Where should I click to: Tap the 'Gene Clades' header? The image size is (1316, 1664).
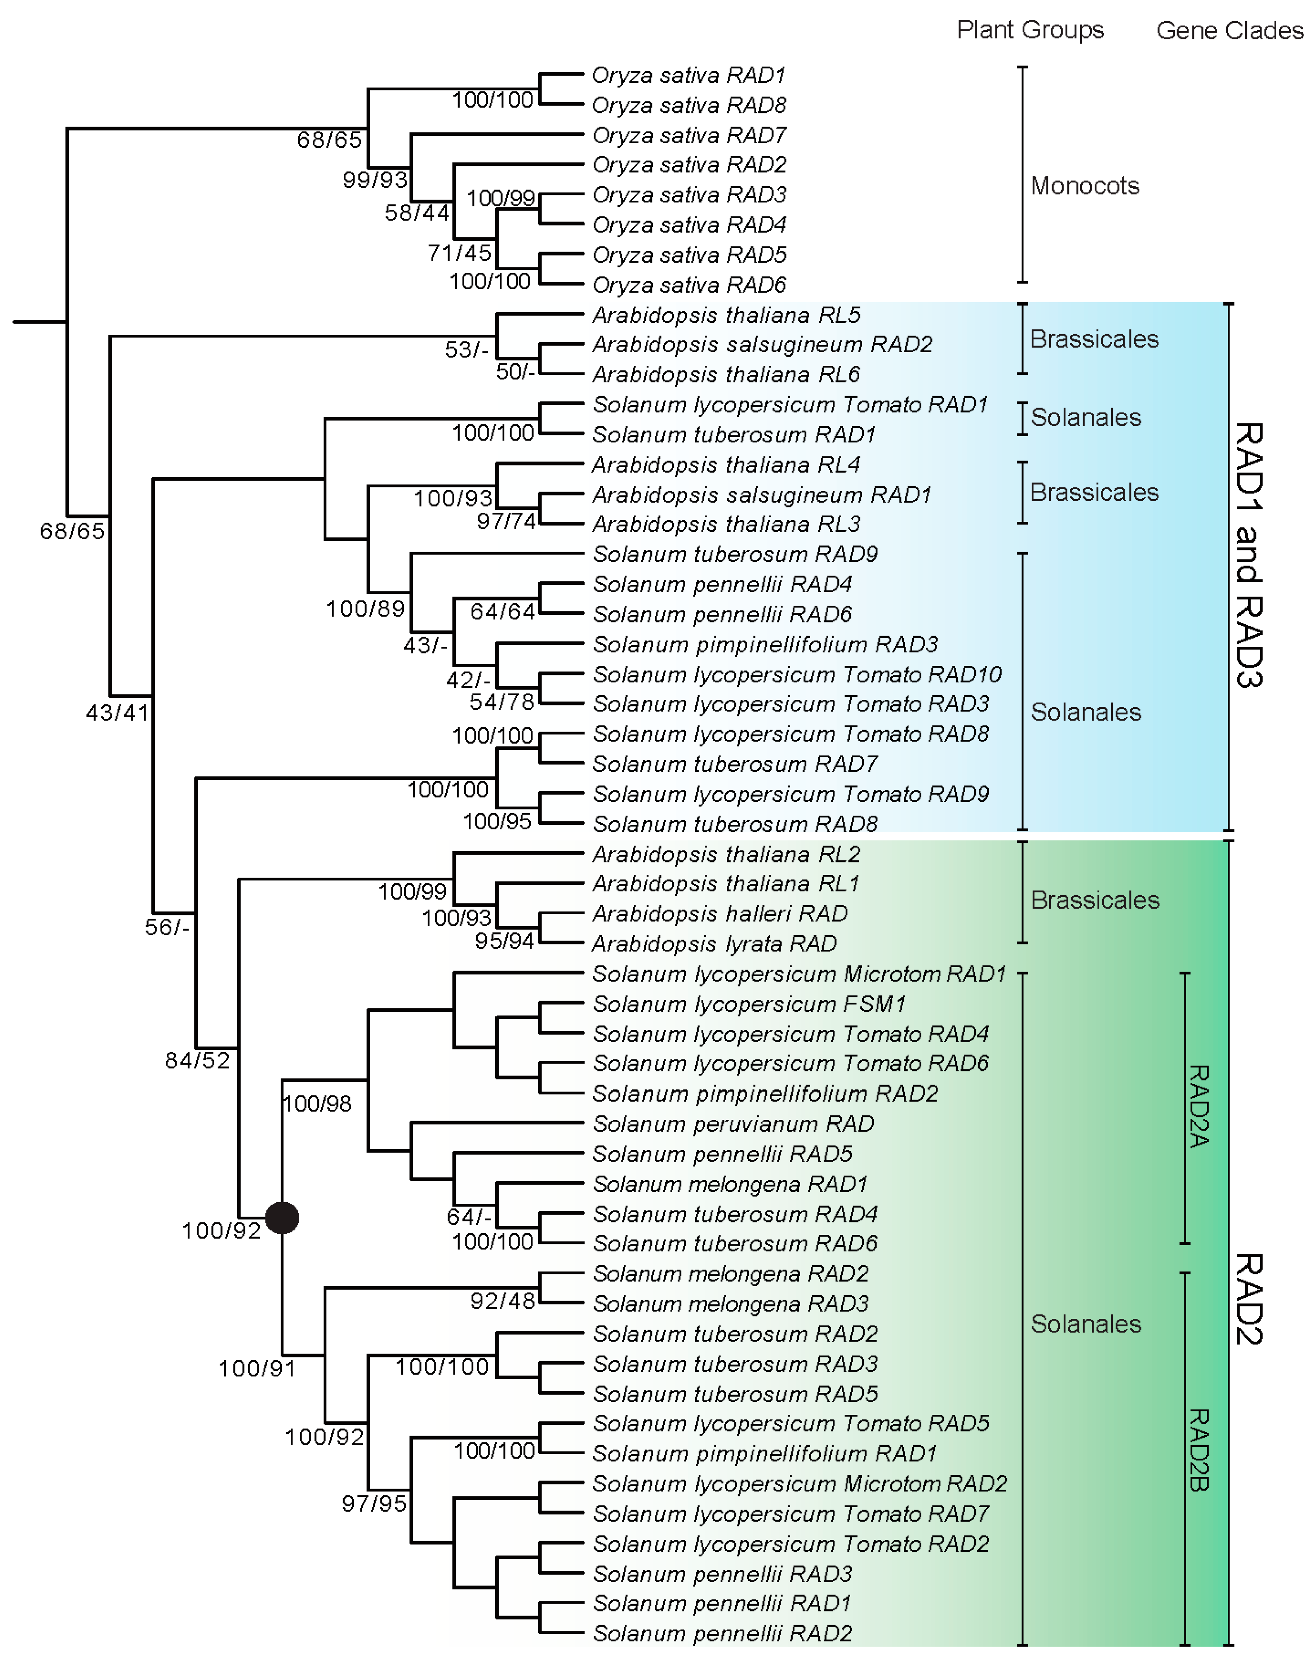1229,30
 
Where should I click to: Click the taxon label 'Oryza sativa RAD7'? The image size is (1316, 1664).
689,135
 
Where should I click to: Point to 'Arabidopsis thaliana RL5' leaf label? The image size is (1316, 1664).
726,315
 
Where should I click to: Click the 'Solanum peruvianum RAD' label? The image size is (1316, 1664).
733,1124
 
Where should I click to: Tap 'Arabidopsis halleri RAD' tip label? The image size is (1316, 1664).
719,913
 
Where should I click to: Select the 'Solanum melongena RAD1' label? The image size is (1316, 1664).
730,1184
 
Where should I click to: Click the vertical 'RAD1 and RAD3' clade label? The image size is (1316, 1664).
1248,555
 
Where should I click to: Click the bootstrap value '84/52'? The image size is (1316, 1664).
197,1061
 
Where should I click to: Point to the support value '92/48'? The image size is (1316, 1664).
502,1301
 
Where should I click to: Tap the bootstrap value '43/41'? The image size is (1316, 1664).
117,713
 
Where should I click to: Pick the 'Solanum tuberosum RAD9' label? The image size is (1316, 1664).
735,554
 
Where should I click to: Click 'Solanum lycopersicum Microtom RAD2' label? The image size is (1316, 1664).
799,1484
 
